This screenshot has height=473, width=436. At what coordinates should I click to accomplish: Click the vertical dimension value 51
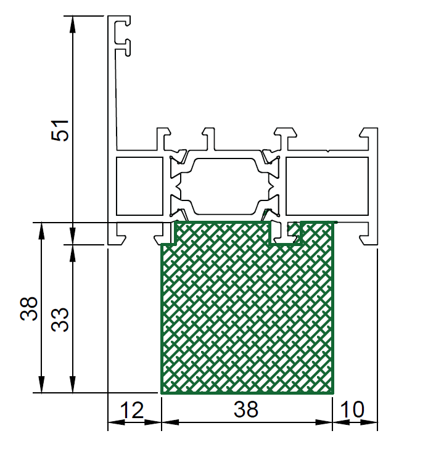click(x=60, y=130)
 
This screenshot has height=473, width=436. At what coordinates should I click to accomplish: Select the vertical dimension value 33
click(x=60, y=320)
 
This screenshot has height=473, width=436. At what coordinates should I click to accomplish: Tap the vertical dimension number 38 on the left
click(x=29, y=308)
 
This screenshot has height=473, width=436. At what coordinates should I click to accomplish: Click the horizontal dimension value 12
click(x=132, y=410)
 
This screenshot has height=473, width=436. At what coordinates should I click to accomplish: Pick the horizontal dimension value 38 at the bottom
click(x=246, y=409)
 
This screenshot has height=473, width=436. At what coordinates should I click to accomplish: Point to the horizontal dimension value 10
click(x=352, y=409)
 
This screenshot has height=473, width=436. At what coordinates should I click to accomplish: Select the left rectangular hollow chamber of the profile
click(x=139, y=186)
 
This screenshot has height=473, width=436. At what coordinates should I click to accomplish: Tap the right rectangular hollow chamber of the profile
click(x=327, y=186)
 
